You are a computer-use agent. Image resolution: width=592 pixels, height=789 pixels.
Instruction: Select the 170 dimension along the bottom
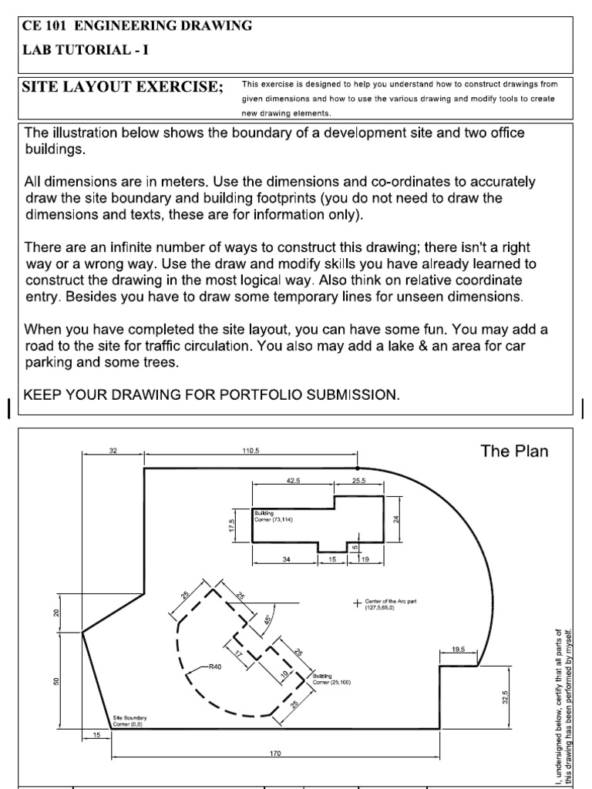[x=275, y=753]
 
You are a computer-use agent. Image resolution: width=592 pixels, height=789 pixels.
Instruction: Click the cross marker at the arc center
[x=356, y=603]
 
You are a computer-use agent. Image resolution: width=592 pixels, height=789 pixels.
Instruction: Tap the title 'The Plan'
[x=514, y=451]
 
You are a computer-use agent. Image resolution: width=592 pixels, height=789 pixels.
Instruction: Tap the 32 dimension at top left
[x=113, y=450]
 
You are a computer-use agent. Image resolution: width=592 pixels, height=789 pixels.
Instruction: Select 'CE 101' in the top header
[x=45, y=25]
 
